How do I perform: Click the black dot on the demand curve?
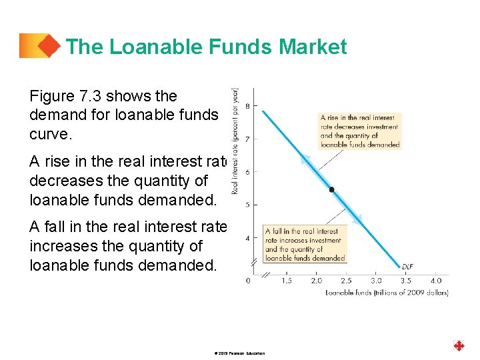pos(331,189)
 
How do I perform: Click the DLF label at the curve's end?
pos(407,266)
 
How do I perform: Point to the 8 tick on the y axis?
pos(247,106)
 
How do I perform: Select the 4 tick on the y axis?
pos(247,238)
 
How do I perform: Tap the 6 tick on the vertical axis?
pos(247,172)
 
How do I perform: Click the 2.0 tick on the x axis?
pos(316,281)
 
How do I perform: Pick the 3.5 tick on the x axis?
pos(406,281)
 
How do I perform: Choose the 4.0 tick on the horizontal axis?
pos(436,281)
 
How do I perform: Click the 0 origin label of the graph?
pos(248,281)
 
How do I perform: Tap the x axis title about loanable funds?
pos(387,293)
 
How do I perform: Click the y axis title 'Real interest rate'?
pos(235,141)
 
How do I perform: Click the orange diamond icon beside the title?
pos(47,46)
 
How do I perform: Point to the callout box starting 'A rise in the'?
pos(359,131)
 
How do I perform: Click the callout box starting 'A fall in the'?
pos(305,245)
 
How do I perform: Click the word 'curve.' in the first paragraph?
pos(49,133)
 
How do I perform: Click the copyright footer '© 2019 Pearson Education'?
pos(240,353)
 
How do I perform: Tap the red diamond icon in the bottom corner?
pos(459,345)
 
